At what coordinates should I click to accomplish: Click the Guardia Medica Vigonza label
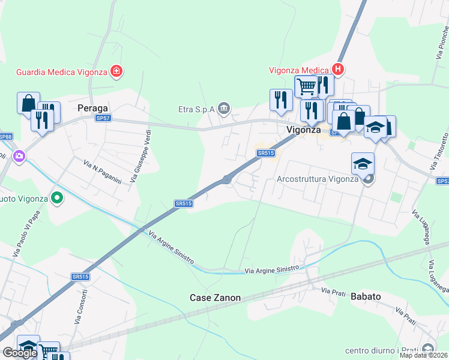62,72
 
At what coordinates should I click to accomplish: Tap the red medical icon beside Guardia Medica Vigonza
116,72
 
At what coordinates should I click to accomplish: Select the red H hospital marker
339,70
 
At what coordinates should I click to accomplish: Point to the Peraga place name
92,108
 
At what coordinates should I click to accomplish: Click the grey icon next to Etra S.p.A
224,109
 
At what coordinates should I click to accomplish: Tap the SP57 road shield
103,118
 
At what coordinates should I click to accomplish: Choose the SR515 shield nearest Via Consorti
80,277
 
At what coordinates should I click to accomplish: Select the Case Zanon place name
215,298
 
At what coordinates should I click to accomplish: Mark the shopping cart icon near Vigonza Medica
306,86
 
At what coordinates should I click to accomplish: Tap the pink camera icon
19,156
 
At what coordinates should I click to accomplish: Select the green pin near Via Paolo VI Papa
57,197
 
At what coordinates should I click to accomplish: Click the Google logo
20,353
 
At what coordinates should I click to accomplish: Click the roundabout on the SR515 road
227,179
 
